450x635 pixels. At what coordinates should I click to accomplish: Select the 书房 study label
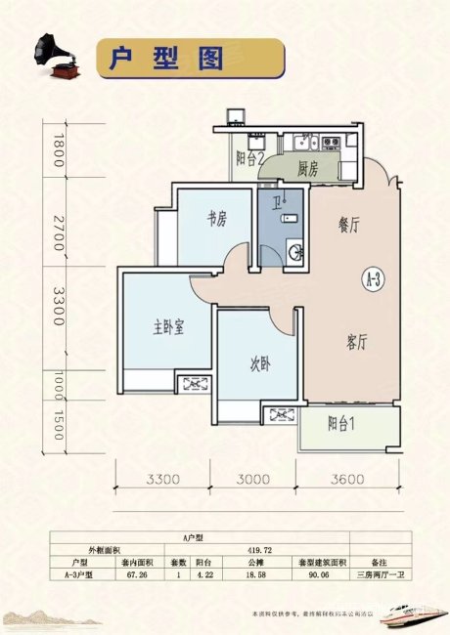[x=216, y=220]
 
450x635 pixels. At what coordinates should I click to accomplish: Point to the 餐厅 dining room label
[x=336, y=224]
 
